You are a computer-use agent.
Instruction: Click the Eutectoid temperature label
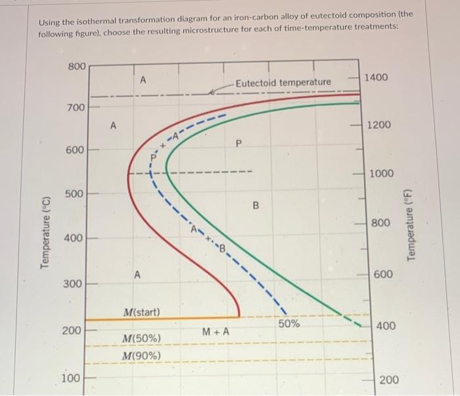[x=283, y=82]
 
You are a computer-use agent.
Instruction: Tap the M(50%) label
[x=141, y=338]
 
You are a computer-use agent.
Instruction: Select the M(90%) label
[x=141, y=357]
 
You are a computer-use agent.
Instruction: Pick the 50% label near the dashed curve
[x=288, y=324]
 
